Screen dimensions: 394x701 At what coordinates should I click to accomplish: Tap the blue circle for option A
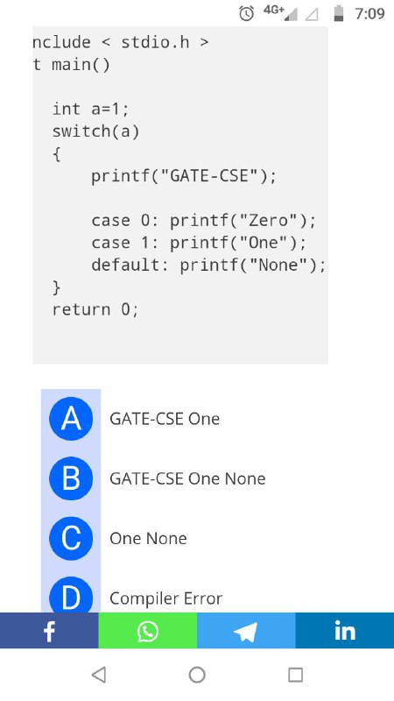(x=71, y=419)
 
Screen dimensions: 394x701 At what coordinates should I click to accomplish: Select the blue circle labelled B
(x=71, y=478)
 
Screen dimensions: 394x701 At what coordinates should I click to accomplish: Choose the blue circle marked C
(x=71, y=538)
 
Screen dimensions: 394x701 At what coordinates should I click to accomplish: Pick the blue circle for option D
(x=71, y=595)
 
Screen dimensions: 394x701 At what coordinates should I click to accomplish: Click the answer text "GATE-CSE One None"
(x=187, y=478)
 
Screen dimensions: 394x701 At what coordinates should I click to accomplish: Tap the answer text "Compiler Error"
(x=165, y=598)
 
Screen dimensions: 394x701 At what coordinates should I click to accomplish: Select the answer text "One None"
(x=148, y=538)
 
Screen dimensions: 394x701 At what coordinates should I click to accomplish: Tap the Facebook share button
(x=49, y=630)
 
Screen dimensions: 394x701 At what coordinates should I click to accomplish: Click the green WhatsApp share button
(x=147, y=630)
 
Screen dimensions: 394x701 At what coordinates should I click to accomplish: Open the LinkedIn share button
(x=345, y=630)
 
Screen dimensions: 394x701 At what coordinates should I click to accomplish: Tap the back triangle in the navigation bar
(x=99, y=675)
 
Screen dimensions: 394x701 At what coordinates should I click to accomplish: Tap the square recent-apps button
(x=295, y=675)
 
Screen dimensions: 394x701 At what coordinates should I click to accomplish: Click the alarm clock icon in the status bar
(x=247, y=13)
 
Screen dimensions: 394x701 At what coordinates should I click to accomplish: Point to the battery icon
(x=339, y=13)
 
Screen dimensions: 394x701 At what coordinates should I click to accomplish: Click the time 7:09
(x=369, y=14)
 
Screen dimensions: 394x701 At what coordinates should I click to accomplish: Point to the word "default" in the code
(x=125, y=266)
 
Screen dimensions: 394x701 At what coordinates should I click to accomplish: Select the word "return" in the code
(x=81, y=310)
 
